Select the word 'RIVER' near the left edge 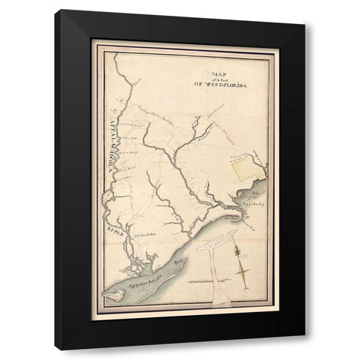(112, 227)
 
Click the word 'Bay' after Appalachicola (178, 263)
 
